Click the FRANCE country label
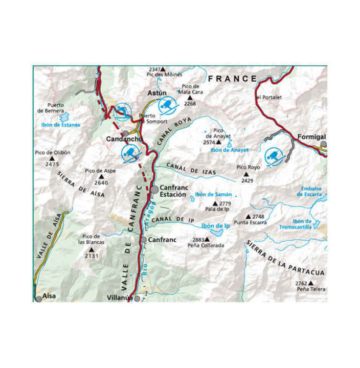tap(233, 78)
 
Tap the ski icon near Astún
tap(166, 106)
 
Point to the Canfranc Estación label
tap(173, 191)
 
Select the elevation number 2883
tap(198, 239)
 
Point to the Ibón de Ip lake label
tap(214, 225)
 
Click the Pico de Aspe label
tap(100, 171)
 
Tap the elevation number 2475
tap(52, 164)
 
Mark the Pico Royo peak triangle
tap(248, 174)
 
